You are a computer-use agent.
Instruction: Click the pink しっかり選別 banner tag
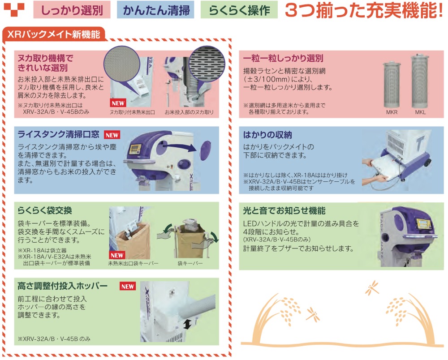[72, 10]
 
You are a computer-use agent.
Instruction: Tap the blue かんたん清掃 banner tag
[156, 10]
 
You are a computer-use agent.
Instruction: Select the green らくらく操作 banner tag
[239, 10]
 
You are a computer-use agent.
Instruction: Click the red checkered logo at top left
[14, 10]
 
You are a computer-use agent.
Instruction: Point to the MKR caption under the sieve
[392, 112]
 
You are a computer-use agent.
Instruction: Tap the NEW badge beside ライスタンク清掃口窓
[112, 135]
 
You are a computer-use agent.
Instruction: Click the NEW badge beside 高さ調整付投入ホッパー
[127, 287]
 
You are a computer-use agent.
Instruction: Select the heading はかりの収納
[267, 135]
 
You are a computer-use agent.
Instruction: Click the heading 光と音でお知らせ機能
[284, 211]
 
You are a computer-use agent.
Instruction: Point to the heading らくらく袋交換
[44, 210]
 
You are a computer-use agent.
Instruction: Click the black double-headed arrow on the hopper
[187, 324]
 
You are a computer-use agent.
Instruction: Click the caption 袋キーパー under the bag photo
[190, 263]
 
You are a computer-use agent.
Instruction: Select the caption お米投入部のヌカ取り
[189, 112]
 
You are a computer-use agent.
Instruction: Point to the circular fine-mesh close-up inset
[122, 64]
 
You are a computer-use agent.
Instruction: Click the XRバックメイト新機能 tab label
[53, 34]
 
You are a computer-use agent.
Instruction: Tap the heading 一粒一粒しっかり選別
[283, 59]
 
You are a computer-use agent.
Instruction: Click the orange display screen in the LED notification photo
[423, 224]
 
